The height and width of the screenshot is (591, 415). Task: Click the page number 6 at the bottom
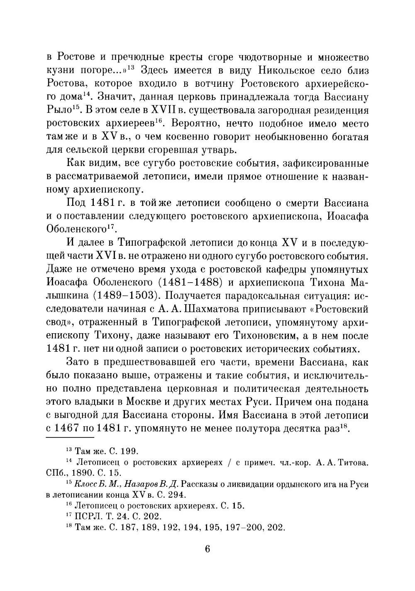point(207,549)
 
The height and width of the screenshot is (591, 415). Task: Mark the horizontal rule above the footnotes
point(71,437)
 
